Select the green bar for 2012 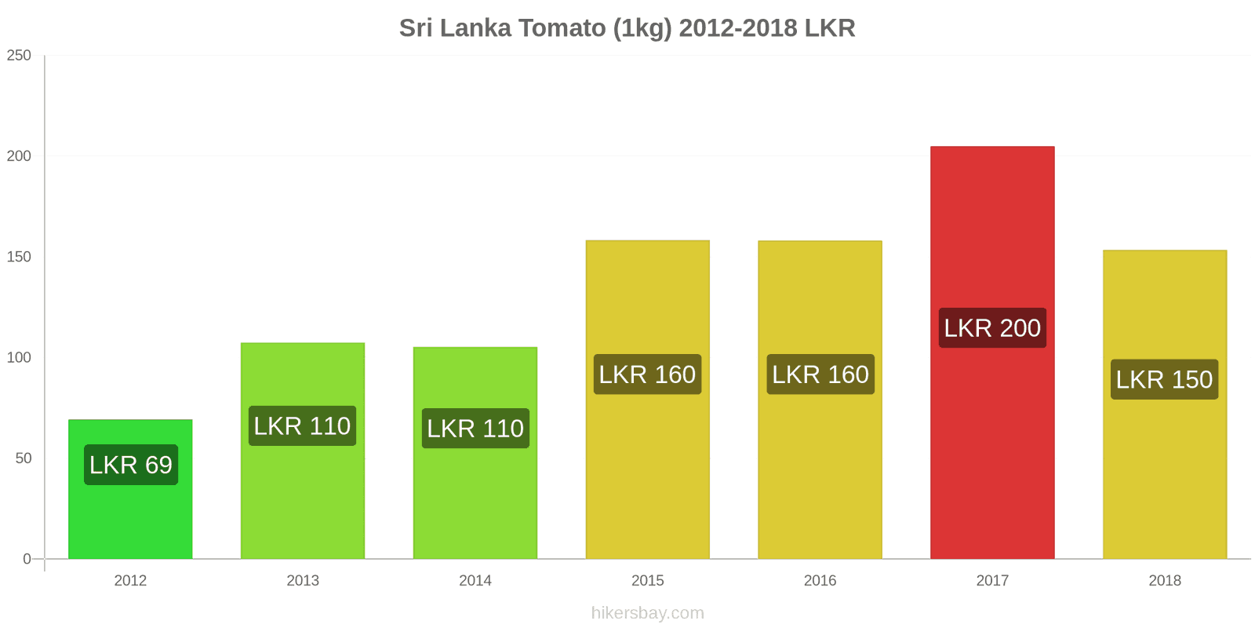(130, 518)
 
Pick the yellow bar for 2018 (1165, 471)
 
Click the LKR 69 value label (131, 465)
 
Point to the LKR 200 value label (992, 328)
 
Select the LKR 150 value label (1164, 380)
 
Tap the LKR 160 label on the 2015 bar (647, 374)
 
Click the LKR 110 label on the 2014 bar (475, 429)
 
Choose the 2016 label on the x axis (820, 581)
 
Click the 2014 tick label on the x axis (475, 581)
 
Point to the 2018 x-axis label (1165, 581)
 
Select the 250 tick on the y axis (19, 56)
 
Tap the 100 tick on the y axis (19, 358)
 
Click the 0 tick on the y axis (27, 559)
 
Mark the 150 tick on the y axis (19, 257)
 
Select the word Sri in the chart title (416, 28)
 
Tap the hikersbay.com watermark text (647, 613)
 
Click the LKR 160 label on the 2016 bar (820, 374)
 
